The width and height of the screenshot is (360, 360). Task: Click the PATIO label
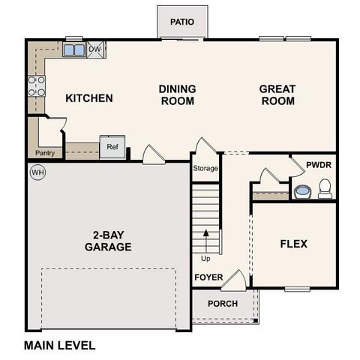[181, 22]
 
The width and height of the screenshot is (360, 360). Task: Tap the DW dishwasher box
[94, 50]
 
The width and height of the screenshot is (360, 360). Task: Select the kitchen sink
[73, 50]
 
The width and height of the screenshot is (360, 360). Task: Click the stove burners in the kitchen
[35, 87]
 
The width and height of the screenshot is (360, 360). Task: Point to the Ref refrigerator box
[112, 147]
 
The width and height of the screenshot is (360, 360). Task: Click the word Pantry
[44, 153]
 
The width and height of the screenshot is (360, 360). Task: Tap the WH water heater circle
[37, 172]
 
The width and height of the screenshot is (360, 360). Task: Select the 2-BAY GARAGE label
[108, 240]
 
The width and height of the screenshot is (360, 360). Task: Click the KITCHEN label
[88, 98]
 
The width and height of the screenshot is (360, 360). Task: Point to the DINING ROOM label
[177, 94]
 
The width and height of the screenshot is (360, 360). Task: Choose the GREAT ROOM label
[277, 94]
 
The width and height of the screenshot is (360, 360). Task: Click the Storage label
[205, 169]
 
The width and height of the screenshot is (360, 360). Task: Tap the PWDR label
[319, 165]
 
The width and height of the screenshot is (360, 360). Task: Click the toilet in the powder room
[325, 189]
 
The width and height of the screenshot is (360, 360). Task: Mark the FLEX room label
[293, 244]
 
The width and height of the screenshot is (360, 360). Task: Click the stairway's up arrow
[205, 241]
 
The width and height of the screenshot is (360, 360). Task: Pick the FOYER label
[209, 277]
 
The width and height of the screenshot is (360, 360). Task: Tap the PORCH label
[223, 304]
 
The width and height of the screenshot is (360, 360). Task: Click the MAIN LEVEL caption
[59, 346]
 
